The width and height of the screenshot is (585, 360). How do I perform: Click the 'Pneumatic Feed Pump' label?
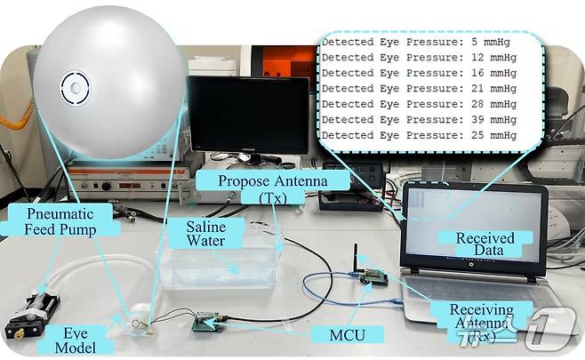pyautogui.click(x=60, y=221)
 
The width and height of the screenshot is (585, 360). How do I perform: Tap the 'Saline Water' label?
pyautogui.click(x=206, y=234)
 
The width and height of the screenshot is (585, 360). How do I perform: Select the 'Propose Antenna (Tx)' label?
pyautogui.click(x=273, y=188)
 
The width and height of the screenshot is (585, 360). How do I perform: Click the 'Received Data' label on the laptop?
pyautogui.click(x=485, y=244)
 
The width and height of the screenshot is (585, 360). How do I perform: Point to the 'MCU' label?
pyautogui.click(x=348, y=334)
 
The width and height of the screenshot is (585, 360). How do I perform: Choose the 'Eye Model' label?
pyautogui.click(x=76, y=340)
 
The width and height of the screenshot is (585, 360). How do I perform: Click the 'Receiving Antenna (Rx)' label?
pyautogui.click(x=482, y=323)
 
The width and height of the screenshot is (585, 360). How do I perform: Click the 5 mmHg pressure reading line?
pyautogui.click(x=415, y=42)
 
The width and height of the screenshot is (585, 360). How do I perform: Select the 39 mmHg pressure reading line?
pyautogui.click(x=419, y=119)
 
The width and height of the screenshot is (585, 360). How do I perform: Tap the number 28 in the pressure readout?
pyautogui.click(x=477, y=104)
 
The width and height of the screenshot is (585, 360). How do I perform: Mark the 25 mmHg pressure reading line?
pyautogui.click(x=419, y=135)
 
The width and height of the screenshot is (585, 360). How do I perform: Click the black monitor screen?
pyautogui.click(x=249, y=114)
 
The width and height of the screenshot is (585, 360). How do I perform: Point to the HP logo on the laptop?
pyautogui.click(x=471, y=265)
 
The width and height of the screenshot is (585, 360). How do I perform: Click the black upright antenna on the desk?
pyautogui.click(x=357, y=258)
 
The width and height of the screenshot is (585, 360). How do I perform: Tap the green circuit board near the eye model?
pyautogui.click(x=206, y=323)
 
